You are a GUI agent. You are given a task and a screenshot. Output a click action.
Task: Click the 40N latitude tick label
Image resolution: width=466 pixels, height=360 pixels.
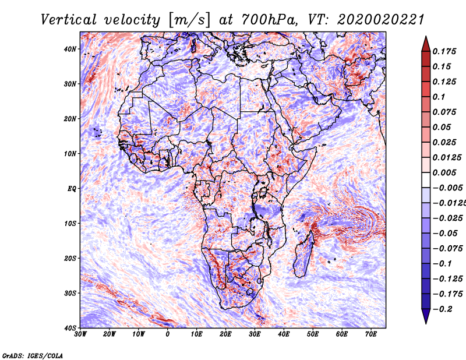pyautogui.click(x=70, y=49)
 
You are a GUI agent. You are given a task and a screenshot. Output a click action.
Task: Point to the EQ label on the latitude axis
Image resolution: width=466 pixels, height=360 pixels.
pyautogui.click(x=72, y=189)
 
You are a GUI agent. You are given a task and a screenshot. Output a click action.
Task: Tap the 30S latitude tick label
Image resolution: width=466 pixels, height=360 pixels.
pyautogui.click(x=70, y=293)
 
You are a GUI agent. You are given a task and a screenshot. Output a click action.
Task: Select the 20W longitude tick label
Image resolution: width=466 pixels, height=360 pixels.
pyautogui.click(x=109, y=334)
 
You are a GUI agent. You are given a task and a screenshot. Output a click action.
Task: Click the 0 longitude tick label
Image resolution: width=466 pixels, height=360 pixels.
pyautogui.click(x=168, y=334)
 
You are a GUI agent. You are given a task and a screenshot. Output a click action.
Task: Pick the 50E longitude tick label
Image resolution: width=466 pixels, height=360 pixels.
pyautogui.click(x=313, y=334)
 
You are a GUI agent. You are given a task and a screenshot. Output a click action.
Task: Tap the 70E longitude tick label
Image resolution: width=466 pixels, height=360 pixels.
pyautogui.click(x=371, y=334)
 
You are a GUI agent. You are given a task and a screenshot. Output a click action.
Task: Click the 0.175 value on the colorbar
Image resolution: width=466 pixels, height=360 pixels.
pyautogui.click(x=444, y=51)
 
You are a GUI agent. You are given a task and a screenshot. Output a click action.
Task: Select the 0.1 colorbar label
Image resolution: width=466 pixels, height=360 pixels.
pyautogui.click(x=439, y=97)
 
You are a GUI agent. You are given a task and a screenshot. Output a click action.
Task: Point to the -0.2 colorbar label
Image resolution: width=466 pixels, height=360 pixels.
pyautogui.click(x=442, y=309)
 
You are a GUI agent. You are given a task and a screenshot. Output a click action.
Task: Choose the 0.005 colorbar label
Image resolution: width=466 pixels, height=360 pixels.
pyautogui.click(x=444, y=172)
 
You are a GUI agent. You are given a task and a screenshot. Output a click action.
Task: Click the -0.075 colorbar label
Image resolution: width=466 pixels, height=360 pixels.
pyautogui.click(x=447, y=249)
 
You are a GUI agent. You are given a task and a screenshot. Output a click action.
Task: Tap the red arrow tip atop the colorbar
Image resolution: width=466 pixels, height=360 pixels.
pyautogui.click(x=426, y=37)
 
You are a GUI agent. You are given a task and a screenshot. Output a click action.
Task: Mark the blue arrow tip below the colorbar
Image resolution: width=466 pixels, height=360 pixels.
pyautogui.click(x=426, y=323)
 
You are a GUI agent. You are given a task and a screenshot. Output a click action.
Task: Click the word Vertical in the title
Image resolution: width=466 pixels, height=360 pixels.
pyautogui.click(x=69, y=20)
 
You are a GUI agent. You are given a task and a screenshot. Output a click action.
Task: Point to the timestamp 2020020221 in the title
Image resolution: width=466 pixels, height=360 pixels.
pyautogui.click(x=380, y=20)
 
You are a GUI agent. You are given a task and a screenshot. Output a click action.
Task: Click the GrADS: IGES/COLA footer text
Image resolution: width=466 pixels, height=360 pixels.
pyautogui.click(x=33, y=355)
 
